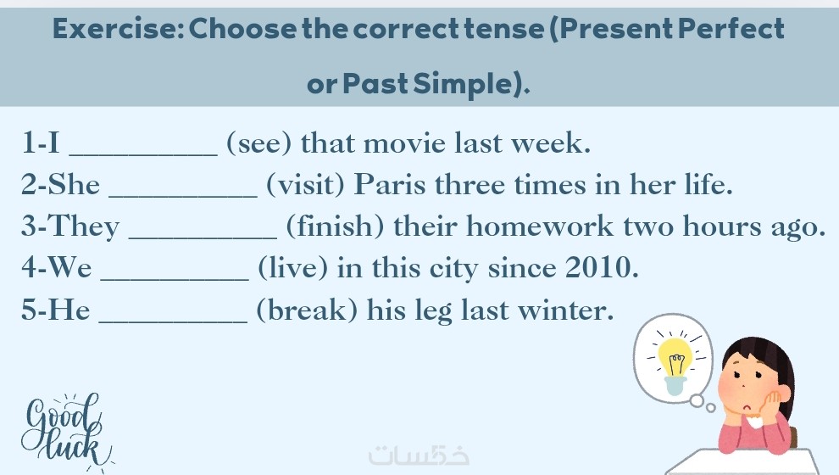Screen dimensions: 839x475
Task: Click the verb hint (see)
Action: coord(259,143)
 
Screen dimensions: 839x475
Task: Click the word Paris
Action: coord(390,185)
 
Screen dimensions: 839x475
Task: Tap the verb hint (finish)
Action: coord(335,226)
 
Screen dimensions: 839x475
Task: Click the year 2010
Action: coord(602,267)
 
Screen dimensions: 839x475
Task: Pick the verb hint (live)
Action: coord(292,268)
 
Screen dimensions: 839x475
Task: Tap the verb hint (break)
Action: coord(307,310)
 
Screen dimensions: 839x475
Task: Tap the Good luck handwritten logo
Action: coord(64,432)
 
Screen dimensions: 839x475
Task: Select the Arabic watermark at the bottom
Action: coord(419,455)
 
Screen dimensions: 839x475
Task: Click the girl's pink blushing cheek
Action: coord(731,387)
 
